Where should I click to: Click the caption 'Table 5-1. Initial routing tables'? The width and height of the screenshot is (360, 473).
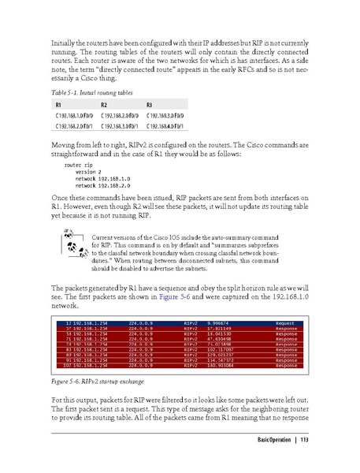point(88,93)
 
